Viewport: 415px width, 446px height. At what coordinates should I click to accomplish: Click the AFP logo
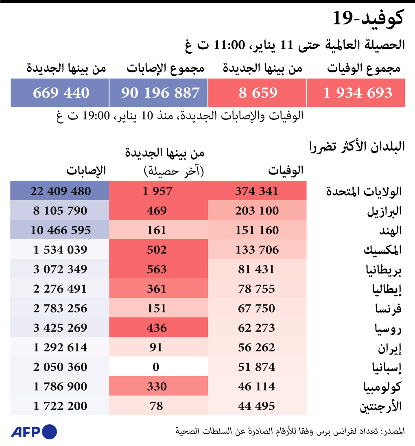point(34,432)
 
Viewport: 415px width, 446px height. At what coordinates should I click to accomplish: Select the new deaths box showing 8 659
point(257,93)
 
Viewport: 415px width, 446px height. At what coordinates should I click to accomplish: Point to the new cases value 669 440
point(60,93)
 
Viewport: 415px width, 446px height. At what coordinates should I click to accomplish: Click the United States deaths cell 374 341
point(257,191)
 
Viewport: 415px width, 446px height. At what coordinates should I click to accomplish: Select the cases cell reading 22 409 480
point(60,191)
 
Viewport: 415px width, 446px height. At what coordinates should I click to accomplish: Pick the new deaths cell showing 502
point(157,249)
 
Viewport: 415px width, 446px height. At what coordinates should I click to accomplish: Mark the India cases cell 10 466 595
point(60,230)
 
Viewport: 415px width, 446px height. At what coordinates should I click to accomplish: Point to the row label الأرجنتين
point(381,407)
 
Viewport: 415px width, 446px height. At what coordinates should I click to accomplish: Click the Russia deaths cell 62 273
point(257,328)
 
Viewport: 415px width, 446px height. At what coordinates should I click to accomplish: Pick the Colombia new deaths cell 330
point(157,387)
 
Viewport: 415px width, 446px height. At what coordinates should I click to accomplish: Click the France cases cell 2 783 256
point(60,308)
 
